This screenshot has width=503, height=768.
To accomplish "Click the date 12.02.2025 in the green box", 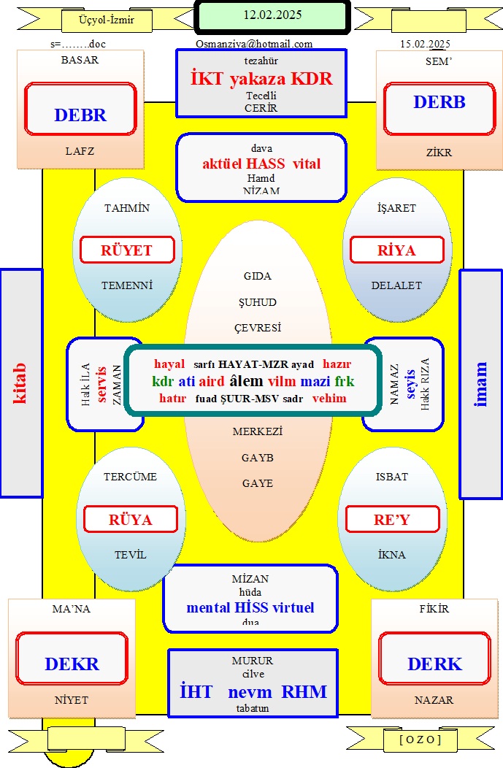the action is coord(272,15).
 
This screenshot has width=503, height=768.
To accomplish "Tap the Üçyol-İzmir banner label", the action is coord(107,20).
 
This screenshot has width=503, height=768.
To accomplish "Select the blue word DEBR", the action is coord(80,115).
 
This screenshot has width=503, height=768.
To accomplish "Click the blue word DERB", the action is coord(439,102).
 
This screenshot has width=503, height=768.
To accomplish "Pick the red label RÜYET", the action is coord(126,250).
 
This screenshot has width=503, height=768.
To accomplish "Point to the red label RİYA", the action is coord(396,250).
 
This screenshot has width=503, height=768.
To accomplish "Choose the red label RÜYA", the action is coord(130,520).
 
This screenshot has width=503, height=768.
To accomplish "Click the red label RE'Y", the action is coord(392,520).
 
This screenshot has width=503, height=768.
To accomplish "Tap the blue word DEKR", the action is coord(72,664).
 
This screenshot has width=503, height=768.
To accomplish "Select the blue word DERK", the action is coord(435,664).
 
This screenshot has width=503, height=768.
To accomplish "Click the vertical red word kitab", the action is coord(19,383).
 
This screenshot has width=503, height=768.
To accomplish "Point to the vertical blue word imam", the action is coord(480,385).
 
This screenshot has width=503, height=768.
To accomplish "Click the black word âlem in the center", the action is coord(246,381).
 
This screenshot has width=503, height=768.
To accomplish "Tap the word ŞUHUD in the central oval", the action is coord(258,302).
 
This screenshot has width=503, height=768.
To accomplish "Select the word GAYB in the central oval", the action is coord(258,458).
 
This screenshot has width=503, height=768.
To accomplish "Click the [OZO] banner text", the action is coord(421,740).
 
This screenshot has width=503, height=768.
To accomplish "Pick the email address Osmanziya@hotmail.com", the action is coord(254,44).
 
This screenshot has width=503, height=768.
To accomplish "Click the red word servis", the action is coord(101,385).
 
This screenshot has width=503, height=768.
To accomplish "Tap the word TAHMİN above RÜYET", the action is coord(127,208).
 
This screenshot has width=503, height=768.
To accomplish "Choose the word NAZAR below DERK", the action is coord(434,700).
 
